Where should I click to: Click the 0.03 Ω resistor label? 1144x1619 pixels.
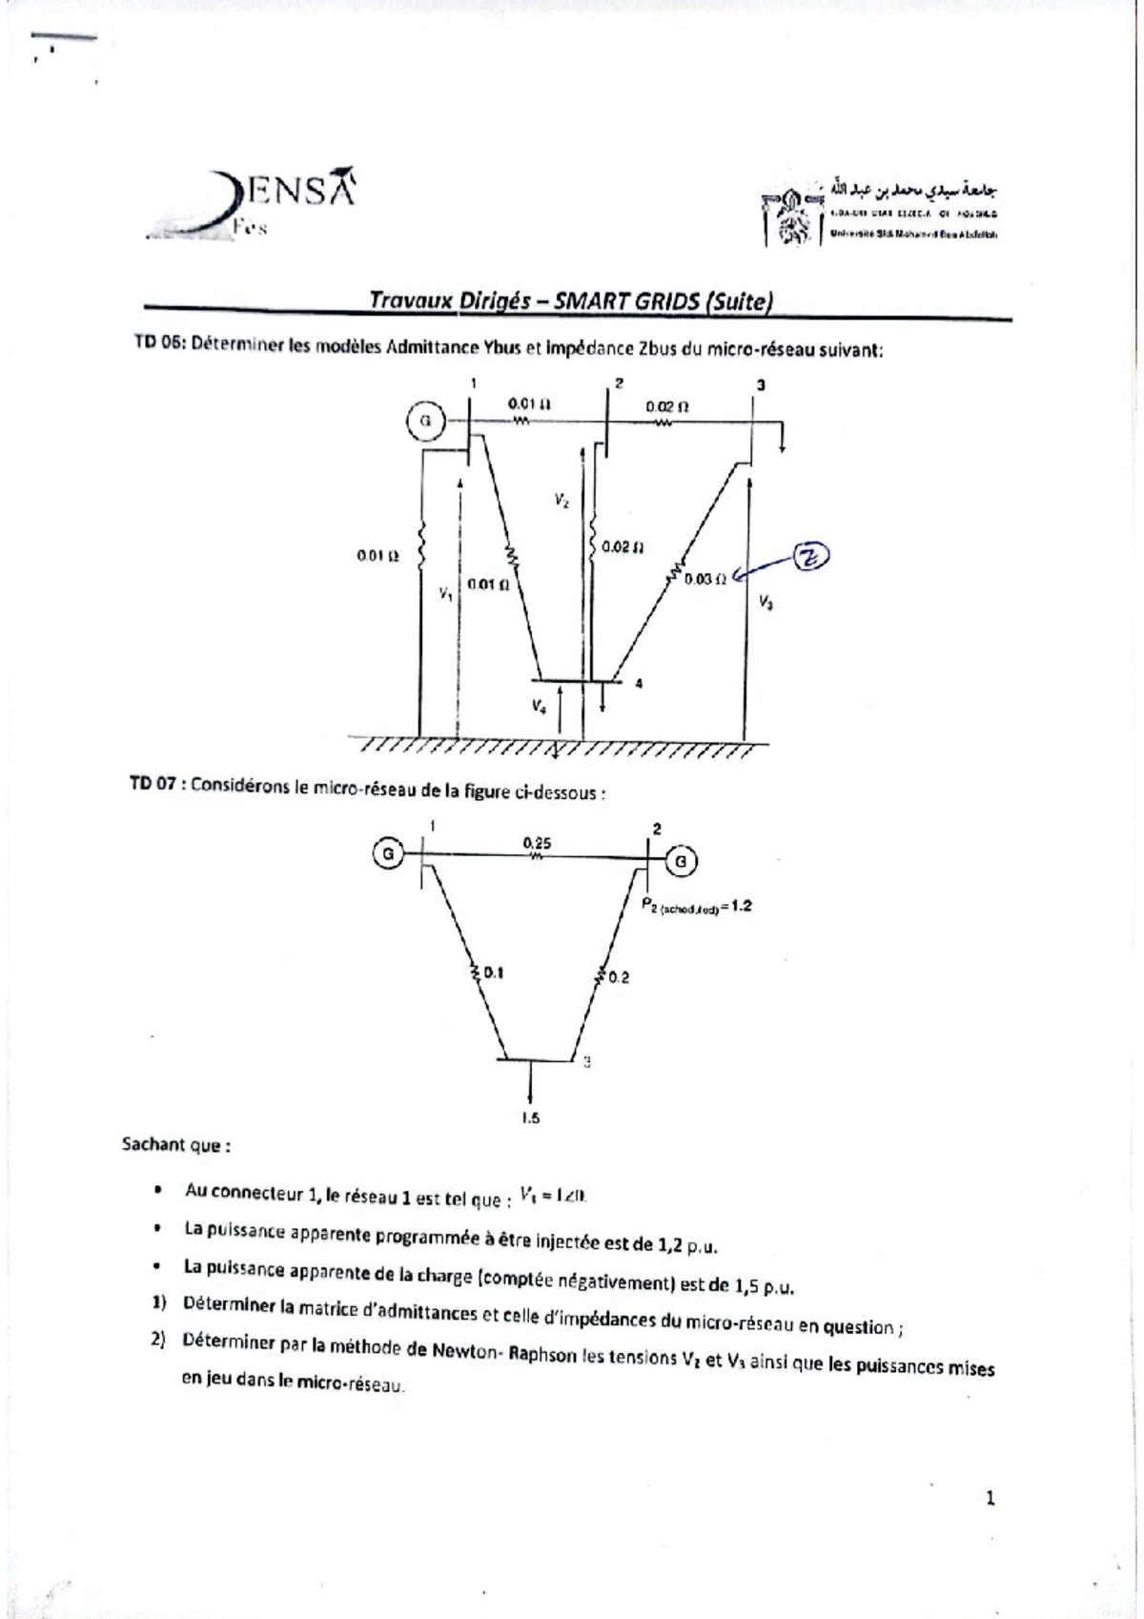705,579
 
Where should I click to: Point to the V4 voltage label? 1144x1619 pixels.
540,707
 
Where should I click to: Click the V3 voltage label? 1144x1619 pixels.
766,602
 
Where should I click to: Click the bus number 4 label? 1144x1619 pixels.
639,683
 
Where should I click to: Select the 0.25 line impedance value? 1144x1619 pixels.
537,843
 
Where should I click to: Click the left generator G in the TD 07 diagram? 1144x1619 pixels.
389,853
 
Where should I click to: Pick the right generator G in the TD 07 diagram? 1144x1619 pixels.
681,862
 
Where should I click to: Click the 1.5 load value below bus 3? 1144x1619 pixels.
531,1118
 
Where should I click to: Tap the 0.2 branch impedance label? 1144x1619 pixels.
619,977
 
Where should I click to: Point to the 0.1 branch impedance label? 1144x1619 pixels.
494,973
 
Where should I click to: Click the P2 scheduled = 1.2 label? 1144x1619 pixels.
697,907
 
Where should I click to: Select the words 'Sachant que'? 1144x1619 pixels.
173,1145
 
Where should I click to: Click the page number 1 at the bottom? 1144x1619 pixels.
990,1499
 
